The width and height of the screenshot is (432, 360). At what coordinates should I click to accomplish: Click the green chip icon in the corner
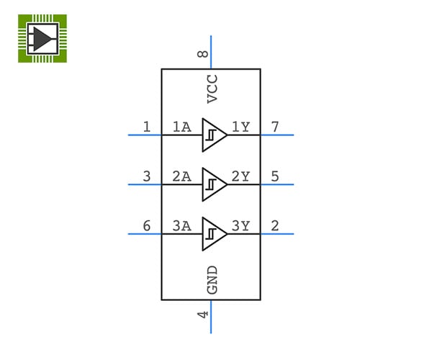coord(42,38)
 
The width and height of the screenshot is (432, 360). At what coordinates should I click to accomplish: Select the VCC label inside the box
coord(212,89)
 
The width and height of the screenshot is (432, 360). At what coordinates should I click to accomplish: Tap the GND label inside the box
coord(212,279)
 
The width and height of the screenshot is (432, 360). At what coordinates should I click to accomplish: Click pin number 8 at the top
coord(204,53)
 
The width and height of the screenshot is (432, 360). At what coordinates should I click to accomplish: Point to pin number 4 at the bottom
coord(204,314)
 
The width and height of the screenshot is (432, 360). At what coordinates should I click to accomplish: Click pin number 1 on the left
coord(147,127)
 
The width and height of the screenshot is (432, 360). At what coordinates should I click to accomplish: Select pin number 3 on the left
coord(147,176)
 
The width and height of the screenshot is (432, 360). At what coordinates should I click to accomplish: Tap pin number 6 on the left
coord(147,226)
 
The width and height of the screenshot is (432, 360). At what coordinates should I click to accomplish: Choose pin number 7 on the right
coord(275,127)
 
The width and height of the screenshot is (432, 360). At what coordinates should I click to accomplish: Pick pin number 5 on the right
coord(275,176)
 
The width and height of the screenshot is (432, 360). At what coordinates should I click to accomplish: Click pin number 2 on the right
coord(275,226)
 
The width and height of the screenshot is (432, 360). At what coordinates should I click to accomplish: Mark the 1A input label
coord(181,127)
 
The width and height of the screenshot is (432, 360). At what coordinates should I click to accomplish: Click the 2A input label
coord(181,176)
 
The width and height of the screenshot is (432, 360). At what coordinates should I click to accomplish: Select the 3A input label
coord(181,226)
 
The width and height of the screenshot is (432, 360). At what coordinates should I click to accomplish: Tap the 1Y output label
coord(240,127)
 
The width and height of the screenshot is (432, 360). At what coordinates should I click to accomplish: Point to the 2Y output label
coord(240,176)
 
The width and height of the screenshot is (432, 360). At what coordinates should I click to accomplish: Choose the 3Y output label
coord(240,226)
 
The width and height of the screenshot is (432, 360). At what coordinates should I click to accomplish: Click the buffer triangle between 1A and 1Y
coord(212,135)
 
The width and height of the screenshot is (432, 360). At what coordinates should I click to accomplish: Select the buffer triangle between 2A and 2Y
coord(212,184)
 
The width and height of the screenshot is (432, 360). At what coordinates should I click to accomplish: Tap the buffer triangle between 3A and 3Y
coord(212,233)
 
